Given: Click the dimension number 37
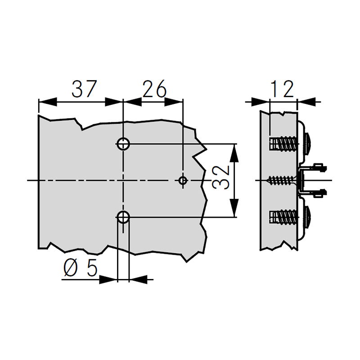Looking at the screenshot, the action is (x=84, y=89).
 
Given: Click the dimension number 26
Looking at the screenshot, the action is (x=154, y=89).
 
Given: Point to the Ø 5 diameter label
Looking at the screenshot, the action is (x=81, y=268).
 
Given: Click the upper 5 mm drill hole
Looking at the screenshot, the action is (x=123, y=144).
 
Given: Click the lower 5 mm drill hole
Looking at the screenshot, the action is (x=123, y=217).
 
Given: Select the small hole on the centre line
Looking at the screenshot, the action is (x=183, y=180).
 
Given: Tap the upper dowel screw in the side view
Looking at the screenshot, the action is (x=283, y=144).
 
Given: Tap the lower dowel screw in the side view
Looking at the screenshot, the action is (x=283, y=217).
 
